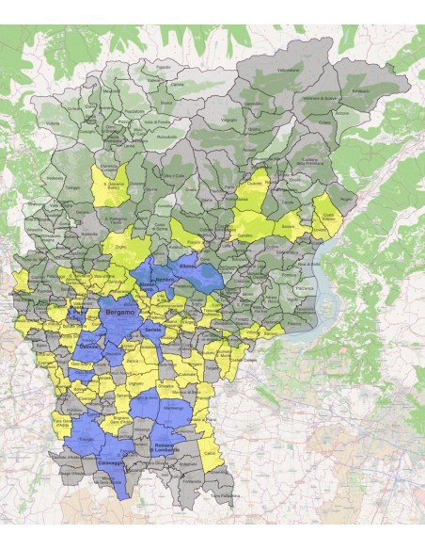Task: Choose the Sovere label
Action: [287, 226]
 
